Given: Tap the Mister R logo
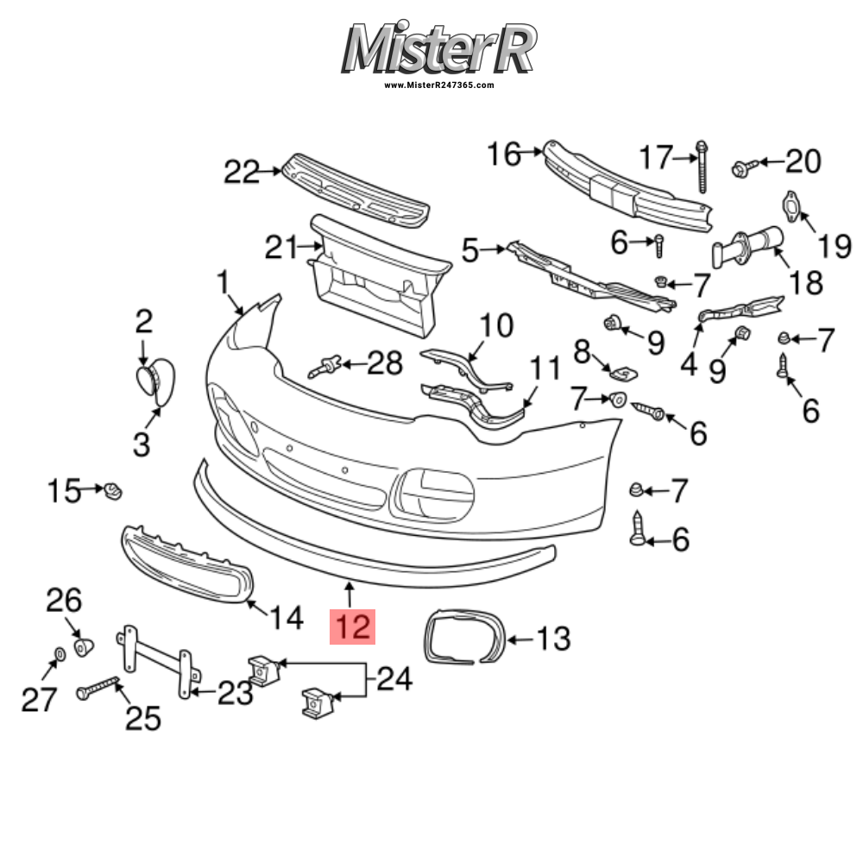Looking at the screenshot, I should pyautogui.click(x=439, y=48).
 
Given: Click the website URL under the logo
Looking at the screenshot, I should pyautogui.click(x=439, y=85).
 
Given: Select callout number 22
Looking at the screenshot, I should pyautogui.click(x=242, y=173).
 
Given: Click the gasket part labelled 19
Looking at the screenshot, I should pyautogui.click(x=789, y=205).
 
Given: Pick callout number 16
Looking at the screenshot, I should pyautogui.click(x=505, y=154).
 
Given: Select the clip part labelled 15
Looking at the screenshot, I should pyautogui.click(x=112, y=492).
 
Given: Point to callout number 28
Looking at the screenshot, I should pyautogui.click(x=385, y=363).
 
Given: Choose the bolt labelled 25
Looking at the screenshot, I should pyautogui.click(x=102, y=688).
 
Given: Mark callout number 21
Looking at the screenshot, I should pyautogui.click(x=280, y=249).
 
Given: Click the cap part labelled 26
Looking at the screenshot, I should pyautogui.click(x=84, y=645).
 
